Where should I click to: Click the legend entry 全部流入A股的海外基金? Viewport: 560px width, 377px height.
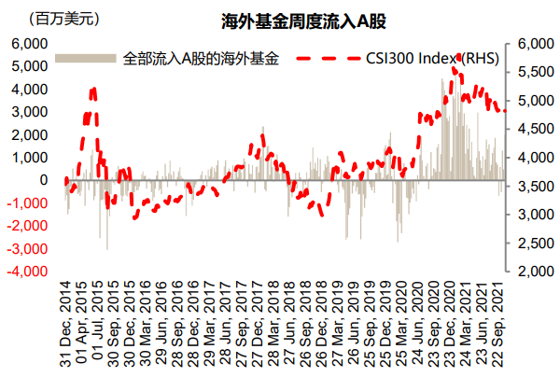point(200,59)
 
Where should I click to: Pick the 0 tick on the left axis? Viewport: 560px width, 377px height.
point(43,180)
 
